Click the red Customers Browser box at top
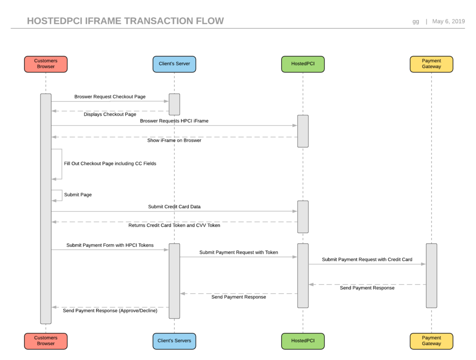[x=46, y=64]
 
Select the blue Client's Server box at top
[x=174, y=64]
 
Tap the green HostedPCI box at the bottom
[x=303, y=341]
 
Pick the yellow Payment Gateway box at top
[x=431, y=64]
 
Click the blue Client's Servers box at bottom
[x=174, y=341]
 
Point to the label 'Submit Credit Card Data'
[x=174, y=207]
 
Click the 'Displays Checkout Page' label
[x=110, y=114]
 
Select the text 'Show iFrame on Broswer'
[x=174, y=140]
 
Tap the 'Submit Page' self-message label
[x=78, y=195]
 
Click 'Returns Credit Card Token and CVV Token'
[x=174, y=225]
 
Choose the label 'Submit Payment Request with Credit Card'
[x=367, y=260]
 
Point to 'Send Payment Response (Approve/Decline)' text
[x=110, y=311]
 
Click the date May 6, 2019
[x=448, y=21]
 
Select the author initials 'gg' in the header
[x=416, y=21]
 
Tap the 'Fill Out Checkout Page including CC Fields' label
[x=110, y=164]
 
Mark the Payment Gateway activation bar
[x=431, y=275]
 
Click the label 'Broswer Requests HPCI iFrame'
[x=174, y=121]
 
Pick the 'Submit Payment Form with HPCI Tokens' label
[x=110, y=245]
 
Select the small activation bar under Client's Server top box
[x=174, y=104]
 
